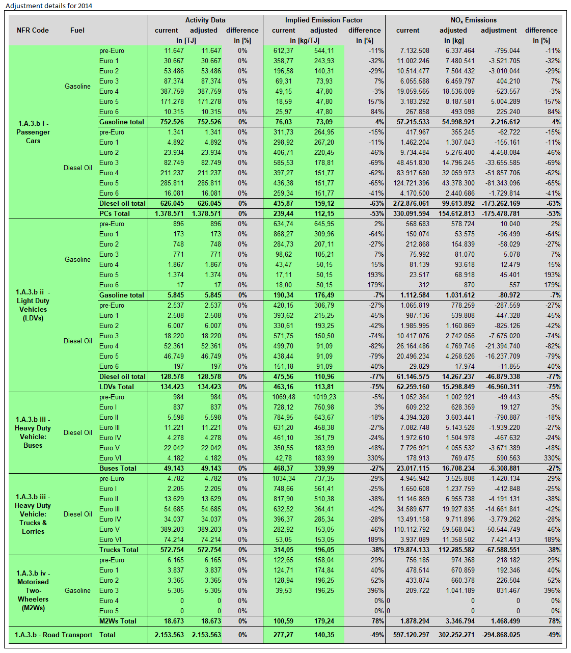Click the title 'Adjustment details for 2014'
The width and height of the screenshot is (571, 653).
coord(49,6)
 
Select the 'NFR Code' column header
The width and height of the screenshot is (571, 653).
coord(33,31)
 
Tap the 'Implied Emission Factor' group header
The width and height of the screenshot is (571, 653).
coord(323,20)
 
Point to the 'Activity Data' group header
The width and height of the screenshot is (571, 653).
coord(205,20)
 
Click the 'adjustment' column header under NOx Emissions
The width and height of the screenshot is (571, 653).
coord(498,31)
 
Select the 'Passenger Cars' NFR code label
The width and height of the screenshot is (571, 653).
coord(33,132)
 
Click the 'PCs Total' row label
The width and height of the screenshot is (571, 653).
coord(115,214)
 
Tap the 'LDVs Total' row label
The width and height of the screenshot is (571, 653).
coord(117,387)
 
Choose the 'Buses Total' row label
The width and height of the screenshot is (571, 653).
coord(118,469)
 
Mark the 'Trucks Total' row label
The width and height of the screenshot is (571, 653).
coord(119,550)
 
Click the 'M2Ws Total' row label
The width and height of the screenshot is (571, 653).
coord(118,621)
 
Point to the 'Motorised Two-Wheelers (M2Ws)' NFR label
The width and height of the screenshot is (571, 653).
coord(33,590)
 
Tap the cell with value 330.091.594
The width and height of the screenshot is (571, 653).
coord(412,214)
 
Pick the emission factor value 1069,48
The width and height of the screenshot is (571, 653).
coord(283,397)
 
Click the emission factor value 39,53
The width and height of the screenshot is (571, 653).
coord(283,591)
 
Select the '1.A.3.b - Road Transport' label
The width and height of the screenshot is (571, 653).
coord(53,635)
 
